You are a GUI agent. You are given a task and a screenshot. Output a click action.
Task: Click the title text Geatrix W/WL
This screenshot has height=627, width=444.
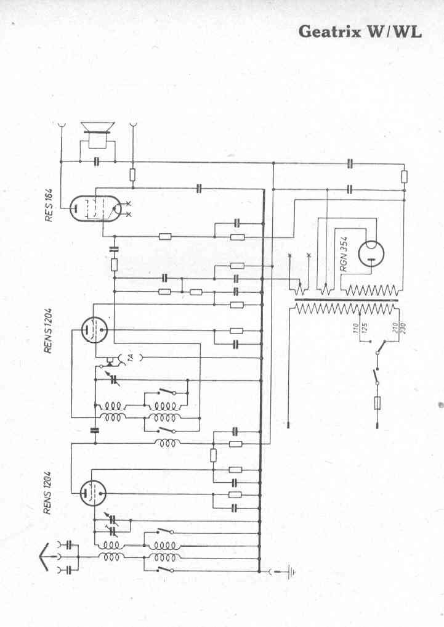pos(360,31)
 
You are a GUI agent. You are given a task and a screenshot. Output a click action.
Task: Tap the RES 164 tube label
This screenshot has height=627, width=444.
pos(49,205)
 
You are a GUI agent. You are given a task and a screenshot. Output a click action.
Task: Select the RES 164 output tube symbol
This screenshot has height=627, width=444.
pos(92,208)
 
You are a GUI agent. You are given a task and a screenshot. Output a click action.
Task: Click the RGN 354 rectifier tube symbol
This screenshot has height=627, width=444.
pos(371,254)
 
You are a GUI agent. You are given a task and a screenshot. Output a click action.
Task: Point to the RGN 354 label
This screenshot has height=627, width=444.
pos(344,253)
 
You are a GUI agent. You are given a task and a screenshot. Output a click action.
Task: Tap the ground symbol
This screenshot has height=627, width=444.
pos(291,572)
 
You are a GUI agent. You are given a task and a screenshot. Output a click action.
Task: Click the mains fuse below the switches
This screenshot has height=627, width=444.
pos(377,403)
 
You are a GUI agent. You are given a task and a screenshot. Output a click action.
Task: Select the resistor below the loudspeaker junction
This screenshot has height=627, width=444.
pos(132,174)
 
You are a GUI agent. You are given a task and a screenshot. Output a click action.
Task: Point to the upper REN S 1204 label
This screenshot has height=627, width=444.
pos(48,330)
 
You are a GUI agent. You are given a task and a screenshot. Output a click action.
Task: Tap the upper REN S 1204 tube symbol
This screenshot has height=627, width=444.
pos(94,330)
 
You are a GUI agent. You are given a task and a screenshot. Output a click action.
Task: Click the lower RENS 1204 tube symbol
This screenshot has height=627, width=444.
pos(92,493)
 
